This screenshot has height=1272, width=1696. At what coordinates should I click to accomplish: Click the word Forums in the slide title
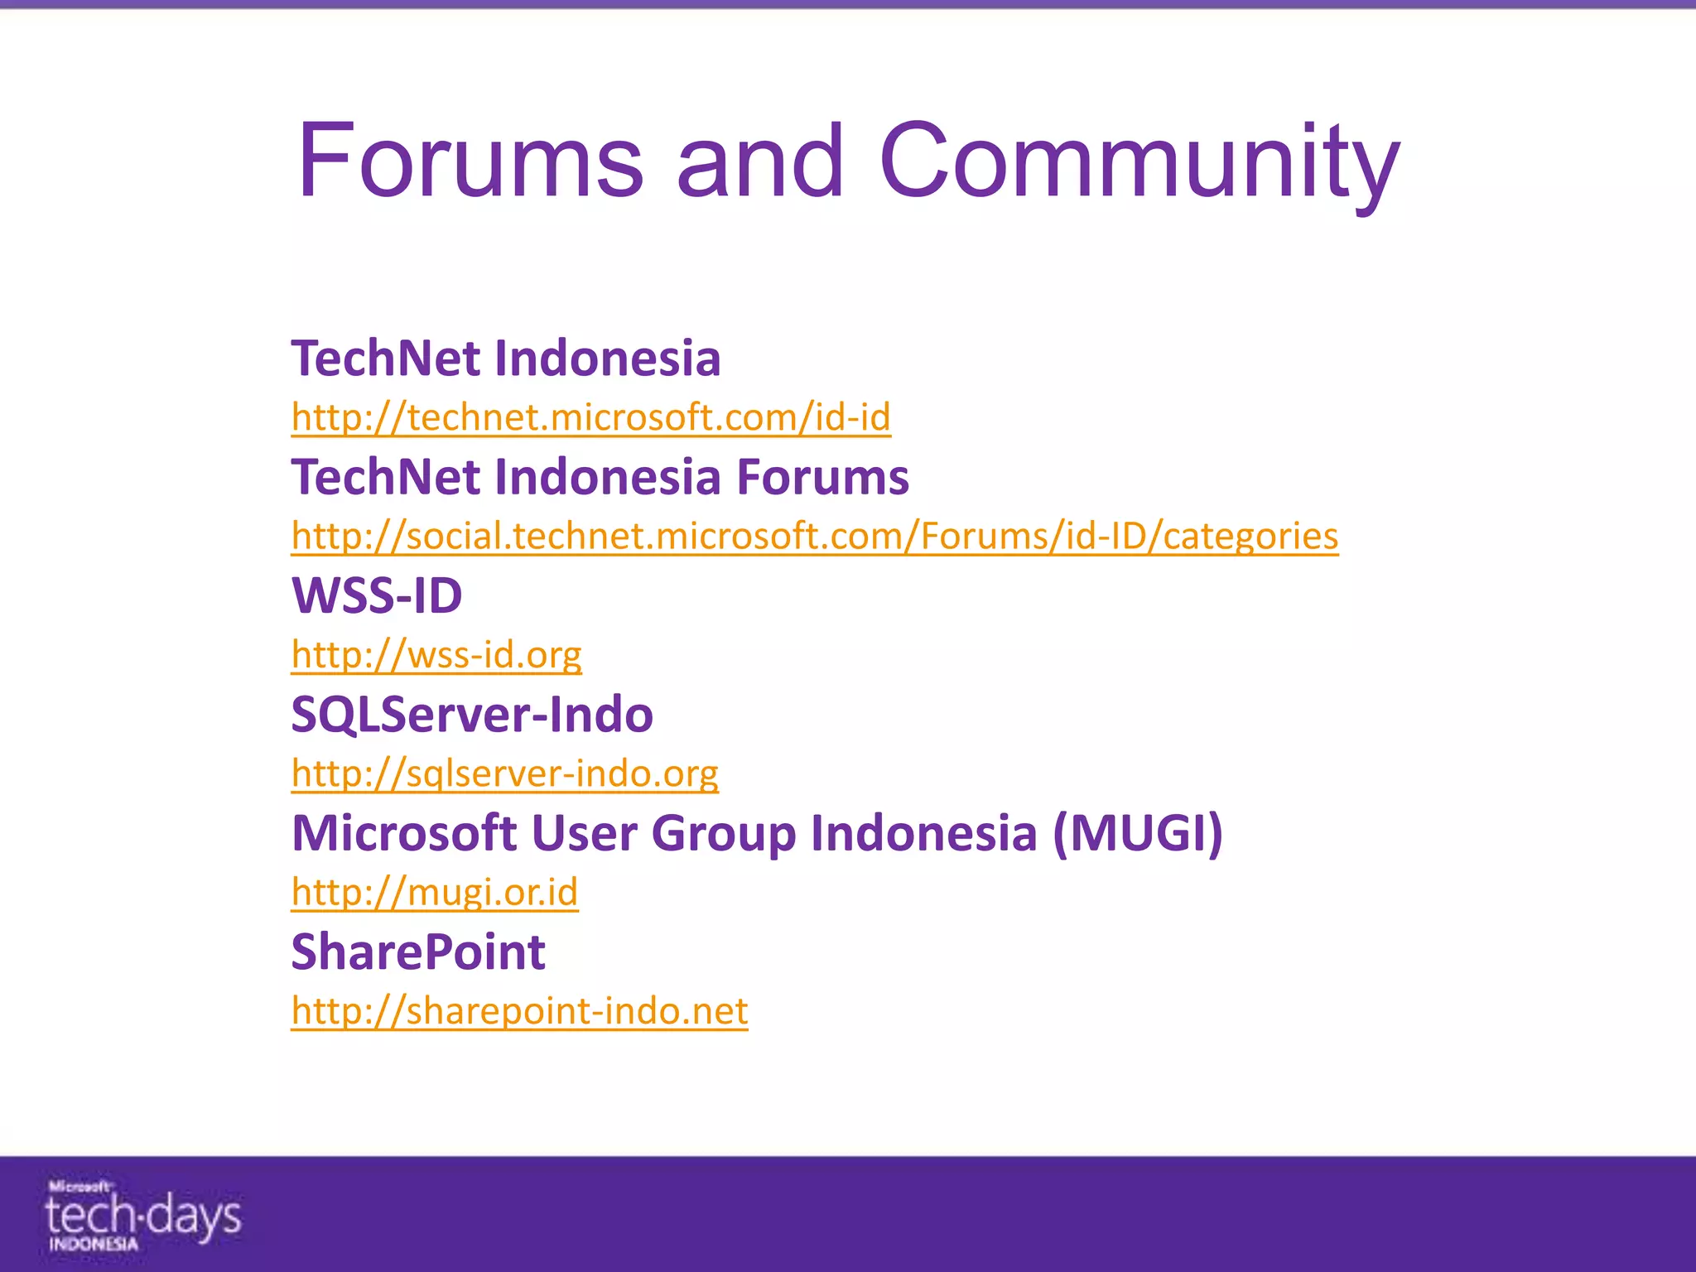[x=470, y=161]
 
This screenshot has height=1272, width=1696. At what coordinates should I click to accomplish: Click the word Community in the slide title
[x=1139, y=161]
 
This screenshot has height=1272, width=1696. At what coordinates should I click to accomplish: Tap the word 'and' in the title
[x=760, y=161]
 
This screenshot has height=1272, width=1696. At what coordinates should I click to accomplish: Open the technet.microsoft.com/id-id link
[x=590, y=417]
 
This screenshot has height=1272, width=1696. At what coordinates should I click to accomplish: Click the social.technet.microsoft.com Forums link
[x=814, y=536]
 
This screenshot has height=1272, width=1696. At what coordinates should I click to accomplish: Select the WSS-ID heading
[x=377, y=595]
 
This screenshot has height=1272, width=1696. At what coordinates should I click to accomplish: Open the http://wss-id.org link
[x=436, y=655]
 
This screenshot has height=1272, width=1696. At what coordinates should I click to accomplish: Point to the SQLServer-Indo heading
[x=472, y=714]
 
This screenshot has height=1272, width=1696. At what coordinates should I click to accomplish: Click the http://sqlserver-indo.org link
[x=504, y=773]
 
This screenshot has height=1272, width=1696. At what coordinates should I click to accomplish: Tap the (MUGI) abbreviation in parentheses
[x=1137, y=833]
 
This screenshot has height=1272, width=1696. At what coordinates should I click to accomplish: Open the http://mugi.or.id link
[x=434, y=893]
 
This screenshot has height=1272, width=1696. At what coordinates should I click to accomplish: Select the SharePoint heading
[x=418, y=952]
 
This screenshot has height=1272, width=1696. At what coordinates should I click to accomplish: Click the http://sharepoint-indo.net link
[x=519, y=1011]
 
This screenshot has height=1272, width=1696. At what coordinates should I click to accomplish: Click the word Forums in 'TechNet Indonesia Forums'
[x=822, y=478]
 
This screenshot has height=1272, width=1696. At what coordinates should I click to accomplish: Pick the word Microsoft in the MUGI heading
[x=405, y=833]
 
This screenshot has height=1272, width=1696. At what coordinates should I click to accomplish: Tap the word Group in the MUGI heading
[x=722, y=833]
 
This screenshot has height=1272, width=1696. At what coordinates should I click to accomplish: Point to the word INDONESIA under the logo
[x=93, y=1245]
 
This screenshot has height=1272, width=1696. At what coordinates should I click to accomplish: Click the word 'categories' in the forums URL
[x=1250, y=536]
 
